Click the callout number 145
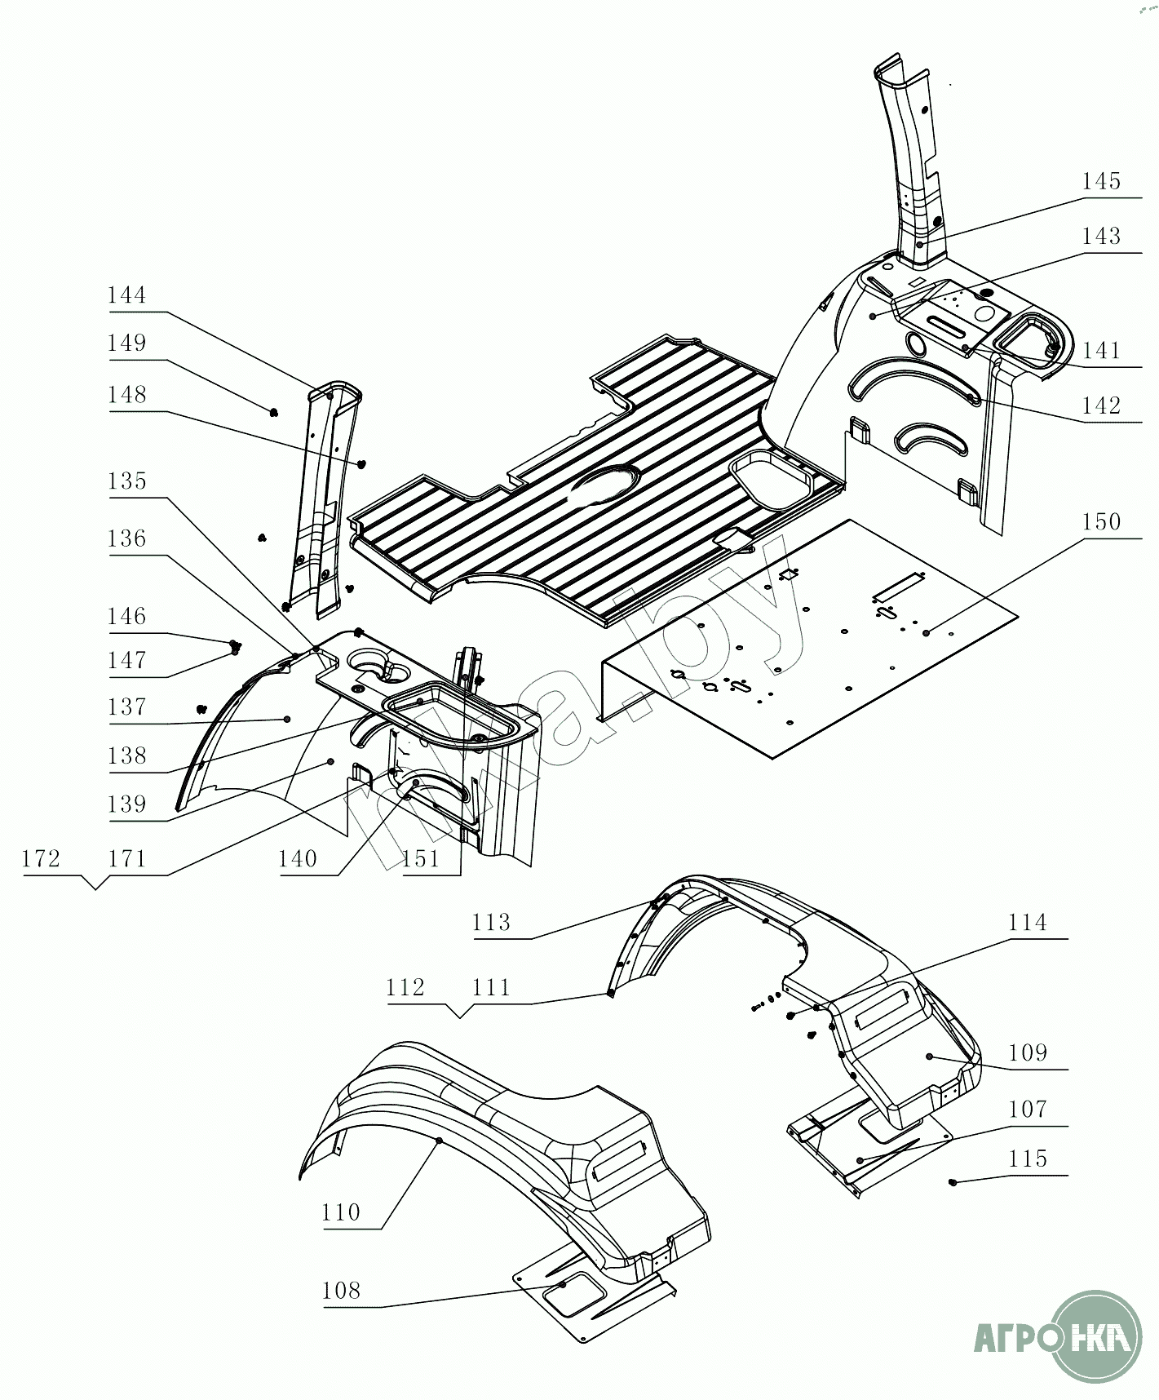point(1101,182)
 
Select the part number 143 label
point(1101,237)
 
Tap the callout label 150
point(1101,522)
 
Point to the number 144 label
point(127,295)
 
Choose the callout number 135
point(127,481)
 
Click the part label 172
point(42,859)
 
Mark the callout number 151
point(421,859)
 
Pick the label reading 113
point(491,923)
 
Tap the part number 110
point(341,1212)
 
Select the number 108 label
point(341,1290)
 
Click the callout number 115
point(1027,1159)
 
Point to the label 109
point(1027,1052)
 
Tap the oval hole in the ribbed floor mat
point(605,481)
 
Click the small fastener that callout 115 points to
point(953,1181)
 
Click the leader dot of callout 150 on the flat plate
point(927,632)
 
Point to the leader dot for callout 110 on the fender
point(439,1140)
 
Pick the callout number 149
point(127,343)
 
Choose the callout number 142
point(1101,405)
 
